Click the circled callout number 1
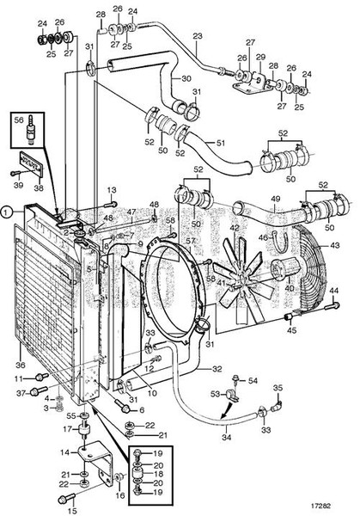(7, 209)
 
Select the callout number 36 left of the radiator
(21, 364)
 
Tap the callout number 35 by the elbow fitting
(278, 387)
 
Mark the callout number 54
(253, 380)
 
